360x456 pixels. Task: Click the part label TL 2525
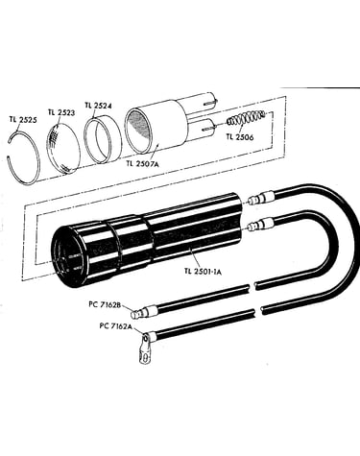tap(23, 120)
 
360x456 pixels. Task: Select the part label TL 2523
tap(61, 112)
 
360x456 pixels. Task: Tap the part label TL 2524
tap(98, 106)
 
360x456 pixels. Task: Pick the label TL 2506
tap(240, 137)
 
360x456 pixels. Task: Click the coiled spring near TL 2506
tap(246, 117)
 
